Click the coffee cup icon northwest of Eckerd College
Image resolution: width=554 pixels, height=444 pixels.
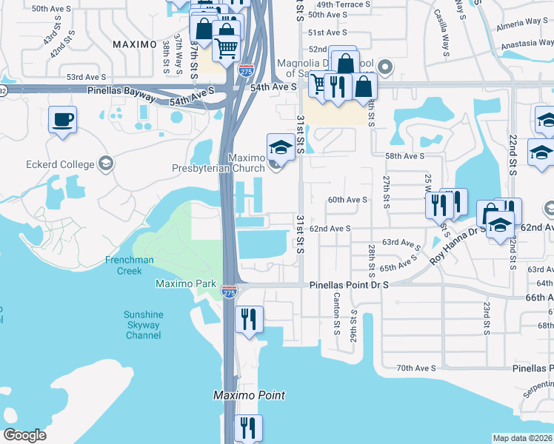click(x=63, y=119)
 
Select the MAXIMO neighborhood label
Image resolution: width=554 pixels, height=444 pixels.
click(x=136, y=44)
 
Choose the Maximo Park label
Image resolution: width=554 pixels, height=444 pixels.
click(x=185, y=283)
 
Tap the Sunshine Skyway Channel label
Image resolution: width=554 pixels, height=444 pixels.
click(x=143, y=325)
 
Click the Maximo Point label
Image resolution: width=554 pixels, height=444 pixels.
click(x=249, y=395)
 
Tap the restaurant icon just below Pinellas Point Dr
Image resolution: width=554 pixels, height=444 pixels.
click(x=249, y=319)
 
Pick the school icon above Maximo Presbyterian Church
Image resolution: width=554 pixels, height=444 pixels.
click(x=281, y=147)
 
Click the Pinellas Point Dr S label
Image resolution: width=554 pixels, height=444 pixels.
click(x=349, y=284)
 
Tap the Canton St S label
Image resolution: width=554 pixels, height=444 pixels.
click(x=337, y=309)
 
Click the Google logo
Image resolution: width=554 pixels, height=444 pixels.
click(x=24, y=435)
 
